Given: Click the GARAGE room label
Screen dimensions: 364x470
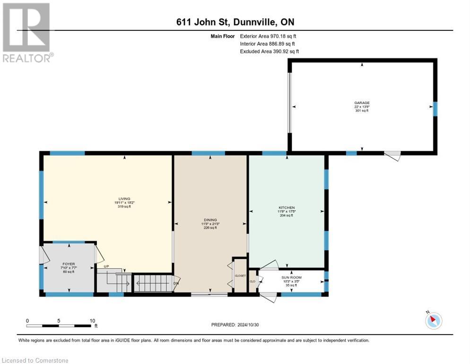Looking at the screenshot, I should pyautogui.click(x=362, y=103).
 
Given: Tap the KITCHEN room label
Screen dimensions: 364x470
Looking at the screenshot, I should pyautogui.click(x=287, y=208).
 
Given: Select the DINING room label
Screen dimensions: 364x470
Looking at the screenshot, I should pyautogui.click(x=210, y=220).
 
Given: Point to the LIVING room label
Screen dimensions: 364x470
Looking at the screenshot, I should pyautogui.click(x=124, y=199).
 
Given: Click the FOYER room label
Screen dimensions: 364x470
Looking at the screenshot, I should pyautogui.click(x=69, y=264).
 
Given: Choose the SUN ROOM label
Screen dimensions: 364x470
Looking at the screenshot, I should pyautogui.click(x=292, y=277).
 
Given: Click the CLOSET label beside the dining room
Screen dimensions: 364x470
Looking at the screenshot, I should pyautogui.click(x=240, y=276).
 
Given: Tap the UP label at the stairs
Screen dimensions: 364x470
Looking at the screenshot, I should pyautogui.click(x=106, y=266).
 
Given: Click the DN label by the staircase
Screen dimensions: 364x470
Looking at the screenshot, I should pyautogui.click(x=175, y=283).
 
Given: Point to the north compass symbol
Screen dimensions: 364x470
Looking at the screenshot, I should pyautogui.click(x=433, y=320).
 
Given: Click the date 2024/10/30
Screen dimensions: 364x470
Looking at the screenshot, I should pyautogui.click(x=251, y=325).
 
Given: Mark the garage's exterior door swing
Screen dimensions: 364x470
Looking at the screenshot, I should pyautogui.click(x=392, y=155).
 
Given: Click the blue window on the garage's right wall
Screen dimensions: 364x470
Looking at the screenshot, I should pyautogui.click(x=435, y=108).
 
